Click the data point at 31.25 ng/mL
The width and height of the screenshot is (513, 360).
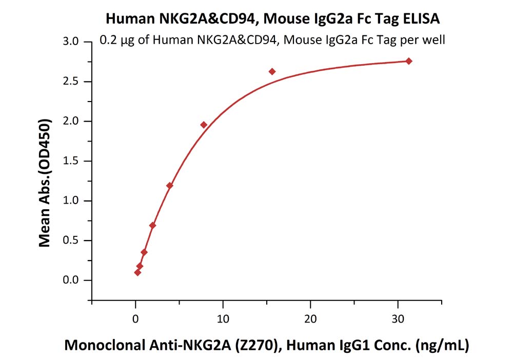pyautogui.click(x=409, y=61)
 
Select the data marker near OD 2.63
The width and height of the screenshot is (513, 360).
pyautogui.click(x=272, y=71)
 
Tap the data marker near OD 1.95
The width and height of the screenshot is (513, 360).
pyautogui.click(x=204, y=125)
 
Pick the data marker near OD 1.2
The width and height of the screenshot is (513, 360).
pyautogui.click(x=169, y=185)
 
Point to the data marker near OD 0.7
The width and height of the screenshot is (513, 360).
pyautogui.click(x=152, y=225)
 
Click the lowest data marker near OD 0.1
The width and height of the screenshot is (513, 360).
pyautogui.click(x=137, y=272)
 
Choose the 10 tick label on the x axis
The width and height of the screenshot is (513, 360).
pyautogui.click(x=222, y=318)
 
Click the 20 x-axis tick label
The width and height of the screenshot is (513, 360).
pyautogui.click(x=310, y=318)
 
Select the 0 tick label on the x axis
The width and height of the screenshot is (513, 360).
pyautogui.click(x=135, y=318)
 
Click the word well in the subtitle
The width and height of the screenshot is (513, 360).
pyautogui.click(x=433, y=39)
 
